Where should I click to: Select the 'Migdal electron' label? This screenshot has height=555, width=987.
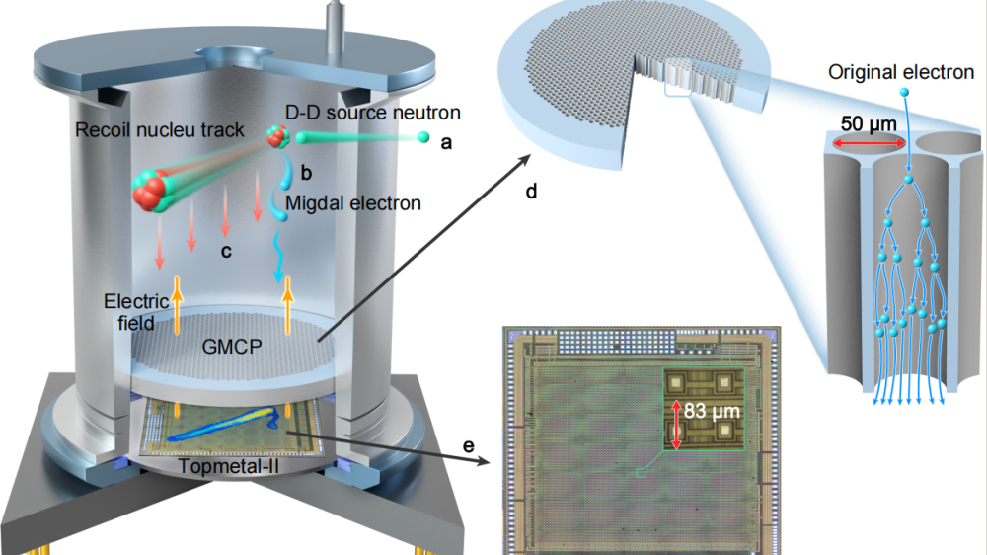(x=352, y=203)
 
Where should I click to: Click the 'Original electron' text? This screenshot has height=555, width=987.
(x=901, y=72)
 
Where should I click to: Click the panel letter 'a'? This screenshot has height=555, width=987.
(x=445, y=142)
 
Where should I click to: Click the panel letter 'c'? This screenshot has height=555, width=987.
(x=226, y=251)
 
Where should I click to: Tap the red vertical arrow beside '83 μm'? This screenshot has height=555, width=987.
(x=677, y=424)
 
